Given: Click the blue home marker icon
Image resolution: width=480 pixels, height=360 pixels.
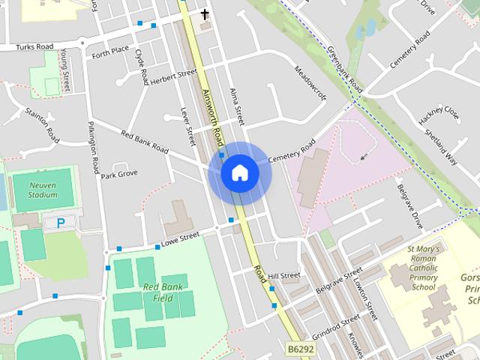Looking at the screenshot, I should coord(239,172).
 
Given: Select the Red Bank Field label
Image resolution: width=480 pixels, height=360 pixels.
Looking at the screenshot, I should coord(163,292).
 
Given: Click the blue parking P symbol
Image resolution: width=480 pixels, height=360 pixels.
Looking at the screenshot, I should coord(60,223).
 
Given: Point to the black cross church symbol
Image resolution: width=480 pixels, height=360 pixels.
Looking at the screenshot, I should coord(205,13).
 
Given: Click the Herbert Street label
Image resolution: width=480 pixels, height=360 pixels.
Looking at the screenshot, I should coord(172,77).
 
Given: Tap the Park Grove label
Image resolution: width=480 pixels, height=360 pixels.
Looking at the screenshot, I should coord(119,175).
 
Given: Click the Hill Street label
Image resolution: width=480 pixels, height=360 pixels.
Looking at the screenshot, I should coord(284,276).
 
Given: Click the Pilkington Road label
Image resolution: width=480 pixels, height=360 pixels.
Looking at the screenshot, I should coord(94,146).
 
